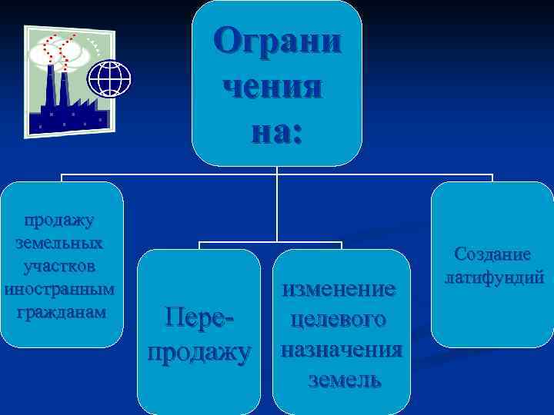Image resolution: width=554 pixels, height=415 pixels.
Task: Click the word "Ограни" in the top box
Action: [x=276, y=39]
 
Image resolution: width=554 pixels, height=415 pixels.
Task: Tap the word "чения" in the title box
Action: [x=272, y=85]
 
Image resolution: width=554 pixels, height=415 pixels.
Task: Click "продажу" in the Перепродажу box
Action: [x=199, y=351]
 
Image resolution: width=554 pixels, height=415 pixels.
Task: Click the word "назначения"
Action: [x=341, y=350]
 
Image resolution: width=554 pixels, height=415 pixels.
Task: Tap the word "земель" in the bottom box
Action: [x=343, y=380]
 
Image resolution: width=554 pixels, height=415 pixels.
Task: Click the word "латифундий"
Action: [x=492, y=276]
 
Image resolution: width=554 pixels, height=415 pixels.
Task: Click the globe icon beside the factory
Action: [x=110, y=78]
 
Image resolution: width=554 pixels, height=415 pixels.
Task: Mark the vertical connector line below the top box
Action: [x=276, y=207]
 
